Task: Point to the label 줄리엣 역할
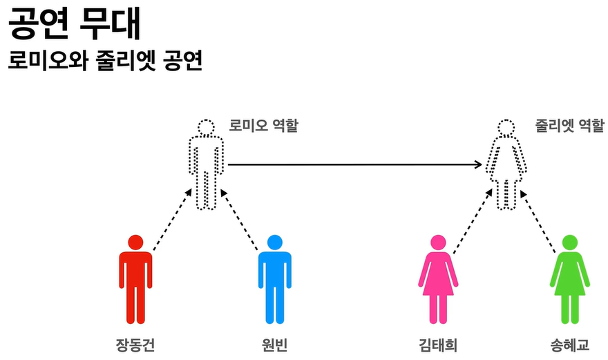(569, 126)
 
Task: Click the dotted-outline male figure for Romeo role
(206, 166)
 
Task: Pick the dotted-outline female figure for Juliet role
(507, 166)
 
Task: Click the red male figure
(135, 280)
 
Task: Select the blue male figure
(275, 280)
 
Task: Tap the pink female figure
(437, 280)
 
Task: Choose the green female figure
(569, 280)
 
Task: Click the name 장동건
(135, 344)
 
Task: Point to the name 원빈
(275, 344)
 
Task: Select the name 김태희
(437, 344)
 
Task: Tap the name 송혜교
(569, 344)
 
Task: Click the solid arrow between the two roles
(354, 164)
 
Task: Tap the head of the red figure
(135, 243)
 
